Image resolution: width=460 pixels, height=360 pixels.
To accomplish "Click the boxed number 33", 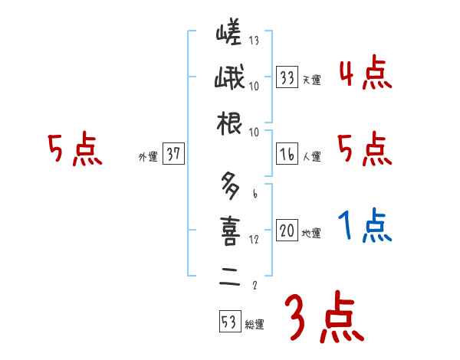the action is [287, 77].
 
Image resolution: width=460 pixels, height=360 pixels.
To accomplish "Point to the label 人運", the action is [311, 157].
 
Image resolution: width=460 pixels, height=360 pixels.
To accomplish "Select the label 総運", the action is [254, 325].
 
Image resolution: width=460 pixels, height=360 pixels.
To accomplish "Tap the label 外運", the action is [147, 157].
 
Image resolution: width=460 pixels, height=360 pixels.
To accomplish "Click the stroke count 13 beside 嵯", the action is [253, 41].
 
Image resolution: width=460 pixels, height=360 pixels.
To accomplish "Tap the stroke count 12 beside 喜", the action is [253, 240].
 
